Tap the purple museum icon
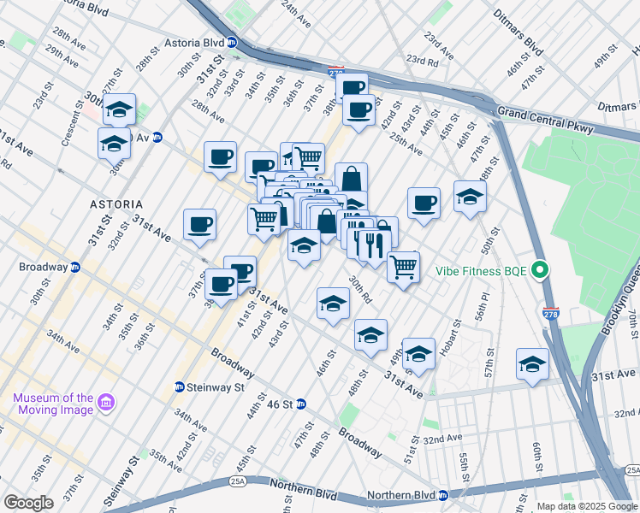click(x=106, y=402)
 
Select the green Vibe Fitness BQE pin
click(x=539, y=271)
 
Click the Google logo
click(x=27, y=503)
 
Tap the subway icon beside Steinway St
click(x=180, y=386)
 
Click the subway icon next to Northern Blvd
click(x=443, y=496)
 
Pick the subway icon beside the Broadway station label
click(x=74, y=267)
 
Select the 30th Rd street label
click(x=359, y=289)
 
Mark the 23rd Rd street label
click(x=422, y=60)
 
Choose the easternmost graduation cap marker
click(x=532, y=363)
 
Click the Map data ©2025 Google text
click(x=582, y=506)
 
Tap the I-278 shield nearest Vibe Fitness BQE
click(x=551, y=315)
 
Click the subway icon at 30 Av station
click(x=157, y=137)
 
